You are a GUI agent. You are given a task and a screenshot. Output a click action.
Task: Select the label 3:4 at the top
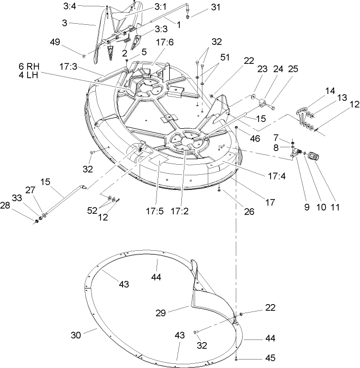coord(85,7)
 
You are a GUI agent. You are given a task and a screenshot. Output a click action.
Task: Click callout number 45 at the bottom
coord(270,357)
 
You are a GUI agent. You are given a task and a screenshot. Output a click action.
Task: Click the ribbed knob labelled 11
coord(313,156)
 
